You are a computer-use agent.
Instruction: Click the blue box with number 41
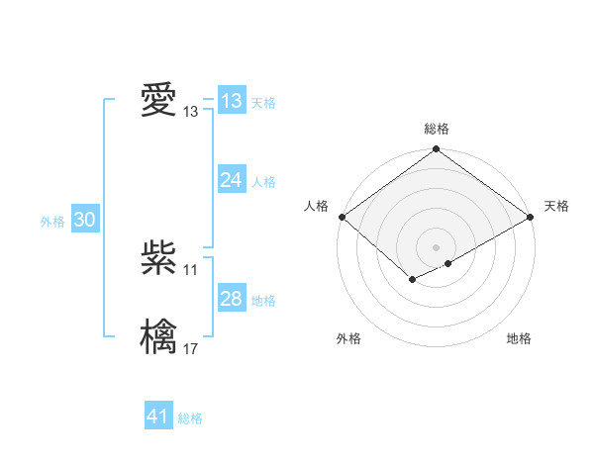tap(158, 417)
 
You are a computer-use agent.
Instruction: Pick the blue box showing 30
tap(84, 221)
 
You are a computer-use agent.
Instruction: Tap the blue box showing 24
tap(231, 180)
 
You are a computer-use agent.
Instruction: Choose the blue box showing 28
tap(231, 299)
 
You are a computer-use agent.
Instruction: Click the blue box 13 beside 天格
tap(231, 101)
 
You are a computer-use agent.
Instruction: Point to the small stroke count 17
tap(190, 348)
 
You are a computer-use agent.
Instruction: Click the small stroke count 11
tap(190, 269)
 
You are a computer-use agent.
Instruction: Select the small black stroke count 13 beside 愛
tap(190, 112)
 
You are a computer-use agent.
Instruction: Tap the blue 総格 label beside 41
tap(190, 418)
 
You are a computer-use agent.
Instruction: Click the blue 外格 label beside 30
tap(52, 222)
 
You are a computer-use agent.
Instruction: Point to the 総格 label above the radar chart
tap(436, 129)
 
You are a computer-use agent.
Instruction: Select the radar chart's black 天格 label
tap(556, 206)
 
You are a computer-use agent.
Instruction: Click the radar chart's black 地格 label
tap(519, 338)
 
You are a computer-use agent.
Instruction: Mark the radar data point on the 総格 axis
tap(436, 149)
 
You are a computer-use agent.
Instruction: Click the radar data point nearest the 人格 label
tap(342, 217)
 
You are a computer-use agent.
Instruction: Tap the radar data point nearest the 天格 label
tap(531, 217)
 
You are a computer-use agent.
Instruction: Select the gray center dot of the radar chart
tap(436, 246)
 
